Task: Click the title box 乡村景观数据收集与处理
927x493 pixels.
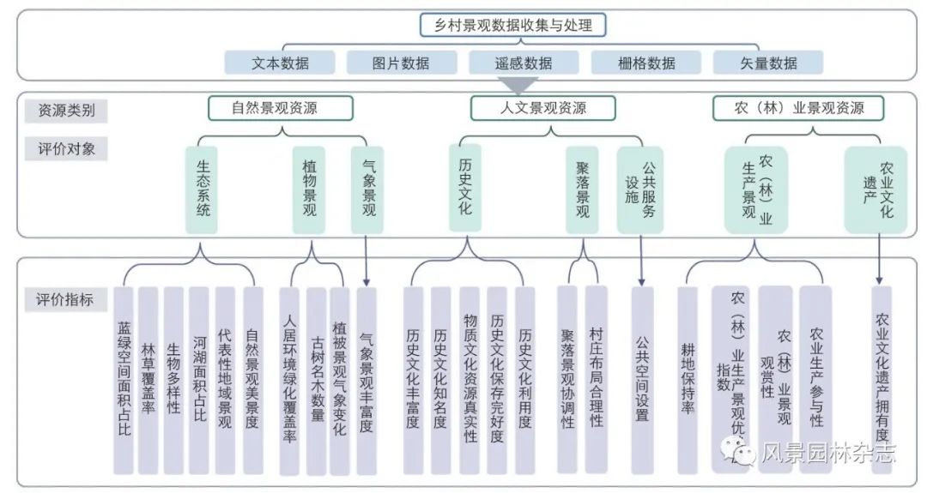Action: point(512,26)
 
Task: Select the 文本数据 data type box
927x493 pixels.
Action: point(281,63)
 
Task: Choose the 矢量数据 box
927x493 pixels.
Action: point(767,63)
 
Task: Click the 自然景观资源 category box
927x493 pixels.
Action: point(280,109)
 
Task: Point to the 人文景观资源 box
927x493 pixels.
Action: point(542,109)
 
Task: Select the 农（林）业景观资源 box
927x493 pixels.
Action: point(798,109)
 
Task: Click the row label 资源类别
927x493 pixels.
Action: point(66,110)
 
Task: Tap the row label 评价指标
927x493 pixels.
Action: point(66,300)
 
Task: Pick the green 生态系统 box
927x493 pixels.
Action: point(203,189)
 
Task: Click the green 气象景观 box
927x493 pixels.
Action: point(368,189)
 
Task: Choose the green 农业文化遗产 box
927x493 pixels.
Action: point(875,189)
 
